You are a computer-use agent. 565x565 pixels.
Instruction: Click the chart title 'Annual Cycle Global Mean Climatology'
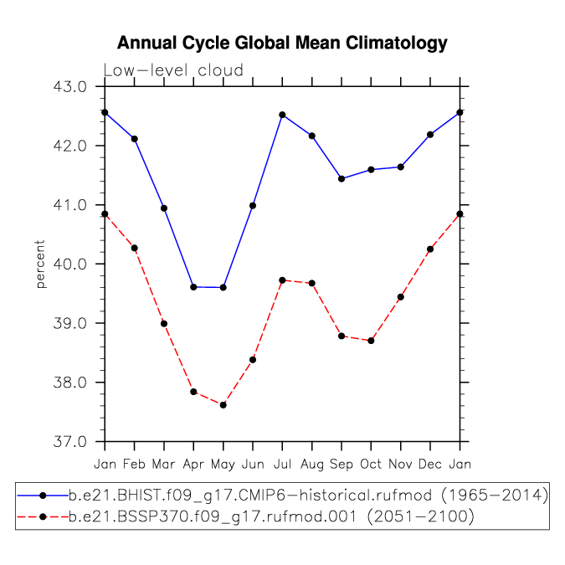(282, 44)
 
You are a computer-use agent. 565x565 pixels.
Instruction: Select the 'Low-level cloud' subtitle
(173, 70)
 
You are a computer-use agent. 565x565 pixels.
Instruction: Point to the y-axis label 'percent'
(40, 265)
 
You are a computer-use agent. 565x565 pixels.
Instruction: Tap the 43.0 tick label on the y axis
(70, 86)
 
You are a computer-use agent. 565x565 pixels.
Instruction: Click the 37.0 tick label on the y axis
(70, 441)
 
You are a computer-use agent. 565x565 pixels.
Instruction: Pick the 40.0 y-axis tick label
(70, 265)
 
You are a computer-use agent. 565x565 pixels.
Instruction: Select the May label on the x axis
(223, 464)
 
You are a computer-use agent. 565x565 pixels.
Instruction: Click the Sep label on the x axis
(342, 464)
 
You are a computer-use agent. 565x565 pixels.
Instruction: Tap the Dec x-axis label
(430, 464)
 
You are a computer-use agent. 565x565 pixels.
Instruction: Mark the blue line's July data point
(282, 115)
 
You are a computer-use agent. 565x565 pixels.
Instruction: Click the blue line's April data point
(193, 287)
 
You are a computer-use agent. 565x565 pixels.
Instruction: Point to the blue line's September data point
(342, 179)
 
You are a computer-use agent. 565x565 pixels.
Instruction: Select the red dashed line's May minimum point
(223, 405)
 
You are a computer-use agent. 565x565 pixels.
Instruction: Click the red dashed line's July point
(282, 280)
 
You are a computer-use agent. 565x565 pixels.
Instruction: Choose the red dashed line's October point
(371, 341)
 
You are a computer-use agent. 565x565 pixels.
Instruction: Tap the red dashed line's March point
(164, 324)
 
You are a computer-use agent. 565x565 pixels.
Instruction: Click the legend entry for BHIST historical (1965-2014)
(283, 496)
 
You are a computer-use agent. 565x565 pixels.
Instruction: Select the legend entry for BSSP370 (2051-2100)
(246, 517)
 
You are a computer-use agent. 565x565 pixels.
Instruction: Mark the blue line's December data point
(430, 135)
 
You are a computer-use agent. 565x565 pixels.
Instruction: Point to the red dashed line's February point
(135, 249)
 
